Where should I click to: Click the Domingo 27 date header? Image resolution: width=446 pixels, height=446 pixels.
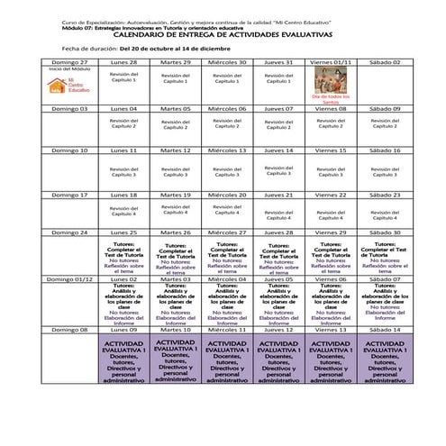pos(69,61)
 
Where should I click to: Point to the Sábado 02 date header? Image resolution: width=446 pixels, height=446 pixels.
pos(384,61)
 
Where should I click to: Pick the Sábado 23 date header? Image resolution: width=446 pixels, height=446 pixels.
pos(384,195)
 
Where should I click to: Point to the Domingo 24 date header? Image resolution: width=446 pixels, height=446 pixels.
pos(69,232)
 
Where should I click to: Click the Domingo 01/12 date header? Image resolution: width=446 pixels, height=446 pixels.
pos(69,279)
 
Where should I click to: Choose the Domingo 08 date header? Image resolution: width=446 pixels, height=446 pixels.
pos(69,330)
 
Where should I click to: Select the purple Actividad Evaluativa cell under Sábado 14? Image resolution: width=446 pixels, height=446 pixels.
pos(384,362)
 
